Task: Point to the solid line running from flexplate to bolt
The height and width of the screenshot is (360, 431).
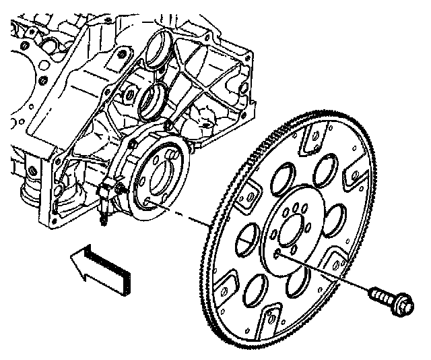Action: [323, 272]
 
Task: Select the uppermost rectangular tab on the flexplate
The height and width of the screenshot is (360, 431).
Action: [310, 140]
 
